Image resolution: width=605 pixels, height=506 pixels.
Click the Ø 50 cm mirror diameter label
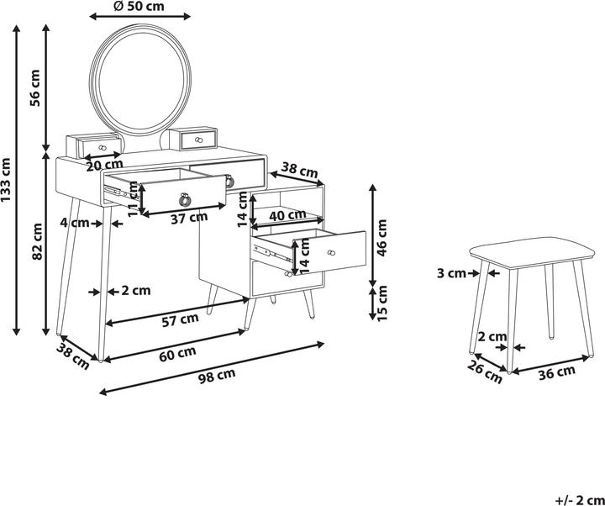pyautogui.click(x=139, y=6)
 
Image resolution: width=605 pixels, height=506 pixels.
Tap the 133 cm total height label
pyautogui.click(x=6, y=180)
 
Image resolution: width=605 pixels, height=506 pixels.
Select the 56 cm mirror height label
pyautogui.click(x=35, y=88)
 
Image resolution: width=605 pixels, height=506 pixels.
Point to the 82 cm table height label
pyautogui.click(x=37, y=241)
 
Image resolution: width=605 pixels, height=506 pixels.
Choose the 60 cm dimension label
pyautogui.click(x=177, y=354)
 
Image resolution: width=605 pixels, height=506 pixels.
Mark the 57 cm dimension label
pyautogui.click(x=180, y=320)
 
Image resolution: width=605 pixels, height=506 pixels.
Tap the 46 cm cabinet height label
pyautogui.click(x=381, y=238)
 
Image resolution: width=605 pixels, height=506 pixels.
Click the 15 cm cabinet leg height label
pyautogui.click(x=381, y=303)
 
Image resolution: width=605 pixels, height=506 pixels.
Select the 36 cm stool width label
pyautogui.click(x=557, y=372)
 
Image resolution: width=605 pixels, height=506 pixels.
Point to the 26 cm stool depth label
pyautogui.click(x=485, y=372)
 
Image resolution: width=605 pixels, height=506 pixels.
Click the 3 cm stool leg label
pyautogui.click(x=451, y=273)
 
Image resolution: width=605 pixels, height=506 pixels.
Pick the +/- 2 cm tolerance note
pyautogui.click(x=581, y=500)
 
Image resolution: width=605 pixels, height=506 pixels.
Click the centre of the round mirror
pyautogui.click(x=140, y=80)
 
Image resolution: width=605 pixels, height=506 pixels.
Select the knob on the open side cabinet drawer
pyautogui.click(x=330, y=253)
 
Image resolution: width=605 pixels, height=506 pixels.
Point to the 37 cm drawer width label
pyautogui.click(x=189, y=218)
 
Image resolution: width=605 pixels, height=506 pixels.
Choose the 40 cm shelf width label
pyautogui.click(x=287, y=215)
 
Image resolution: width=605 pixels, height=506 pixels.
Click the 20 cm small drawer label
pyautogui.click(x=104, y=166)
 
